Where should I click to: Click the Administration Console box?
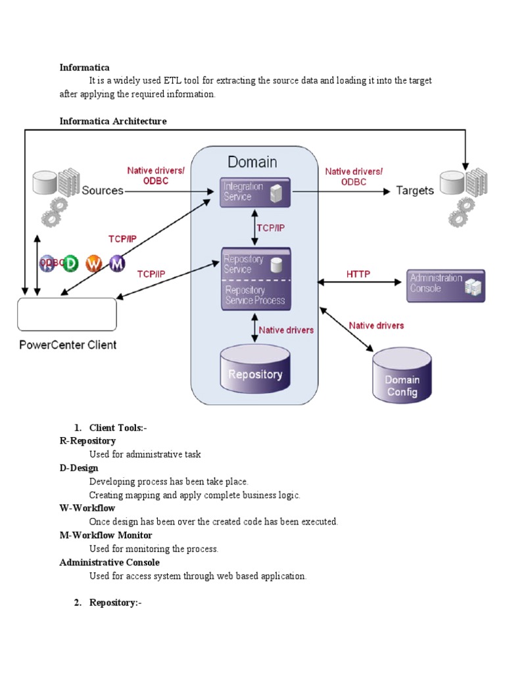[x=445, y=285]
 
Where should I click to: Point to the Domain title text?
[x=252, y=162]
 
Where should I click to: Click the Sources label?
[x=103, y=191]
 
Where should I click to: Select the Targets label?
[x=415, y=191]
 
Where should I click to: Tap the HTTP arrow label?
[x=358, y=274]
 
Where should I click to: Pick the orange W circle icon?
[x=94, y=264]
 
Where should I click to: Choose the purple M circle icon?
[x=116, y=264]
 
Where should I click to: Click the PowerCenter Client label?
[x=67, y=344]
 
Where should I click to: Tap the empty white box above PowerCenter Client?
[x=67, y=314]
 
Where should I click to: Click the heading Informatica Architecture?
[x=112, y=122]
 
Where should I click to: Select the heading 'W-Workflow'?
[x=87, y=508]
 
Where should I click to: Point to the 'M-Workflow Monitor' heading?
[x=105, y=535]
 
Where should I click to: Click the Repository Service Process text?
[x=254, y=295]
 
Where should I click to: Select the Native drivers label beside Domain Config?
[x=376, y=325]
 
